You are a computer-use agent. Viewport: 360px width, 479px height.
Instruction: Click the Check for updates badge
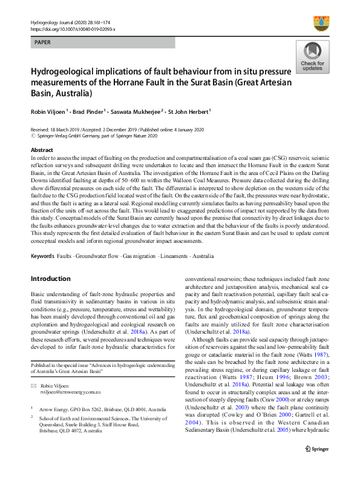pos(312,58)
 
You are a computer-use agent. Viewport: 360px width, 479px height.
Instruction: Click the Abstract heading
pos(42,150)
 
